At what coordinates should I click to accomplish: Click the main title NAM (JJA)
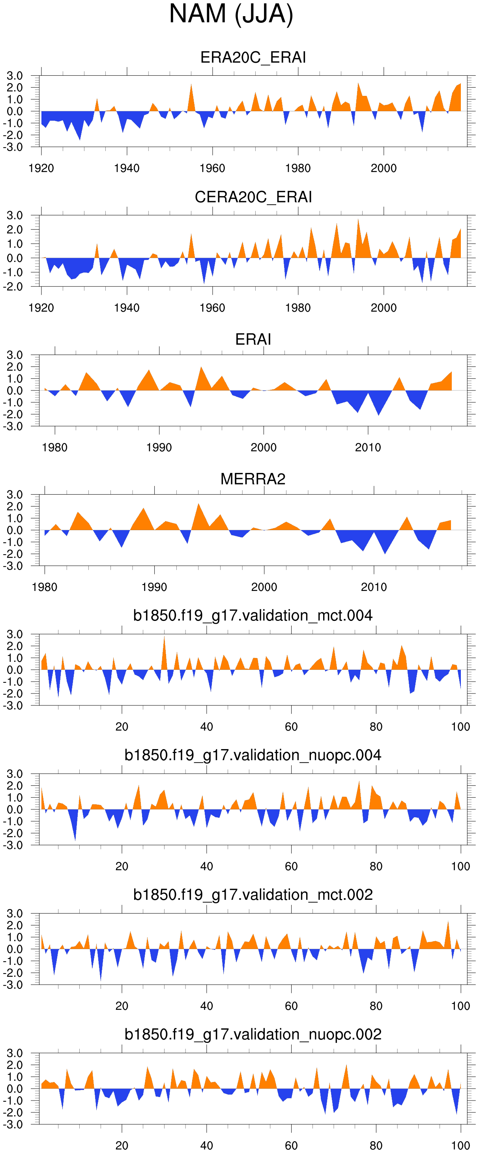(x=231, y=14)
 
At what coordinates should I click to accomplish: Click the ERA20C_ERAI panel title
(x=253, y=57)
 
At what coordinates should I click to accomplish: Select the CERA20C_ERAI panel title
(x=253, y=197)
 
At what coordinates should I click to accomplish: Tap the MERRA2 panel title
(x=253, y=479)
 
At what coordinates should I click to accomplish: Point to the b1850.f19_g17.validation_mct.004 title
(x=253, y=615)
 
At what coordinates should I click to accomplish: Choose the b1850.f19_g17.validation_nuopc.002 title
(x=253, y=1034)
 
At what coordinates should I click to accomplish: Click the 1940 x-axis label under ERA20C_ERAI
(x=127, y=168)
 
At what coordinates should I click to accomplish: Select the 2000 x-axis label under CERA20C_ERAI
(x=384, y=308)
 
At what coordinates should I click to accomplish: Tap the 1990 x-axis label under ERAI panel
(x=159, y=448)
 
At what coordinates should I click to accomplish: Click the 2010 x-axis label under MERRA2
(x=374, y=587)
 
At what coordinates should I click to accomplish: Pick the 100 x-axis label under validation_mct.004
(x=460, y=727)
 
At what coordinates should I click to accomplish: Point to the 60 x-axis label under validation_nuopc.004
(x=291, y=867)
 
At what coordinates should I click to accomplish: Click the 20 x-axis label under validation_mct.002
(x=122, y=1006)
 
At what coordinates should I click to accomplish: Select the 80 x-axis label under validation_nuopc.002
(x=376, y=1146)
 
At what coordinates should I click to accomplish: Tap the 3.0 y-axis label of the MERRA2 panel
(x=14, y=495)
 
